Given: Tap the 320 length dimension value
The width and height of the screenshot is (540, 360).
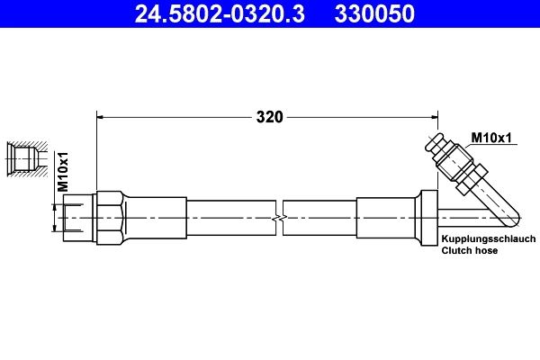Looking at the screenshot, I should tap(269, 116).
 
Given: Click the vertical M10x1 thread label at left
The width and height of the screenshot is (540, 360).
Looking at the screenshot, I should tap(64, 171).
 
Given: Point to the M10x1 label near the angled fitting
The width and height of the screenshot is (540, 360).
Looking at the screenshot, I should tap(491, 138).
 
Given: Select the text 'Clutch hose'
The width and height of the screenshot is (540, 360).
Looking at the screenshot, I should tap(469, 252).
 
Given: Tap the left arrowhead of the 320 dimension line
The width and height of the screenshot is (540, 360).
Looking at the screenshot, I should tap(101, 116).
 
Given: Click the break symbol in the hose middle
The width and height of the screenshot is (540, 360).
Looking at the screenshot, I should tap(280, 219).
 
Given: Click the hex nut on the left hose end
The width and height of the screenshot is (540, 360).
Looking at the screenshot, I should tap(108, 218).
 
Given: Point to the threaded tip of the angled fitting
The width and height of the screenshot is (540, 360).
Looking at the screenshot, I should tap(437, 143).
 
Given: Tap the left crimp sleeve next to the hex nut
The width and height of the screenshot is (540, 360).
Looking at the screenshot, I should tap(155, 218).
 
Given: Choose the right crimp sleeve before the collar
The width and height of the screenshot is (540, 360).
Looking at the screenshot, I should tap(385, 218).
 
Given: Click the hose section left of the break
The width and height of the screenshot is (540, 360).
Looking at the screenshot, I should tap(229, 218).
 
